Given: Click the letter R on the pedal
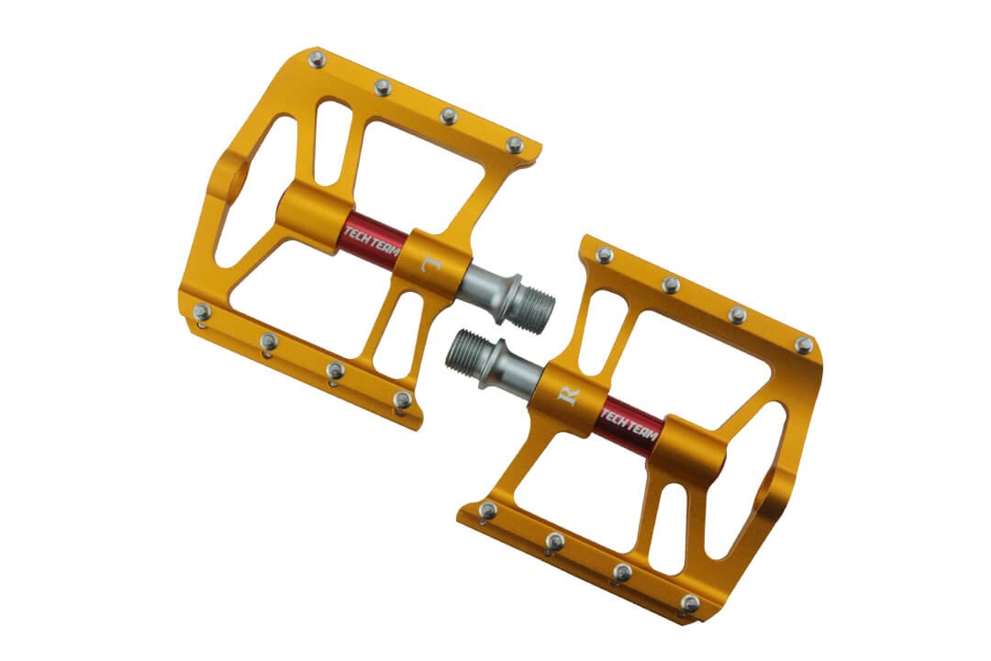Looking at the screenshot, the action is pos(568,395).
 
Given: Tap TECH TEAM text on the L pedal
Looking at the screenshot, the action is pos(372,240).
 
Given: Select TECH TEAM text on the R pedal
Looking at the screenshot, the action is pos(629,425).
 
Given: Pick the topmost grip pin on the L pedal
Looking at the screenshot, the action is pos(317,60).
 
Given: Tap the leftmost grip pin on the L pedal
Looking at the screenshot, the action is pos(202,311).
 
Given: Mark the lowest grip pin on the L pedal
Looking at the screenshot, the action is pos(402,399).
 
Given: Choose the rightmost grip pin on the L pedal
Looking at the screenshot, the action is pos(515,145).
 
